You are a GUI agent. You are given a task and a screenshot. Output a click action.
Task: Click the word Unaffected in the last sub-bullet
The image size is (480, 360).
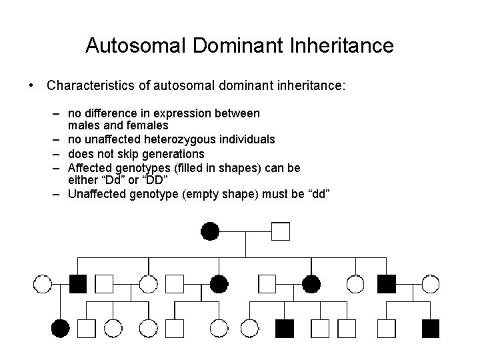coord(98,194)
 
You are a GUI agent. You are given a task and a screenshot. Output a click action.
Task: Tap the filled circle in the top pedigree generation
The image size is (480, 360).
coord(209,231)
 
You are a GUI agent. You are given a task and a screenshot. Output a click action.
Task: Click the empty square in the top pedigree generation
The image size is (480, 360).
coord(281,231)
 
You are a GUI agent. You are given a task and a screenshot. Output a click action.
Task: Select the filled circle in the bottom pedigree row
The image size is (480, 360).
coord(60,327)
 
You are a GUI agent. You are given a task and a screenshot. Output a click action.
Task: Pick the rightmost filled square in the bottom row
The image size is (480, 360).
coord(431,327)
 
